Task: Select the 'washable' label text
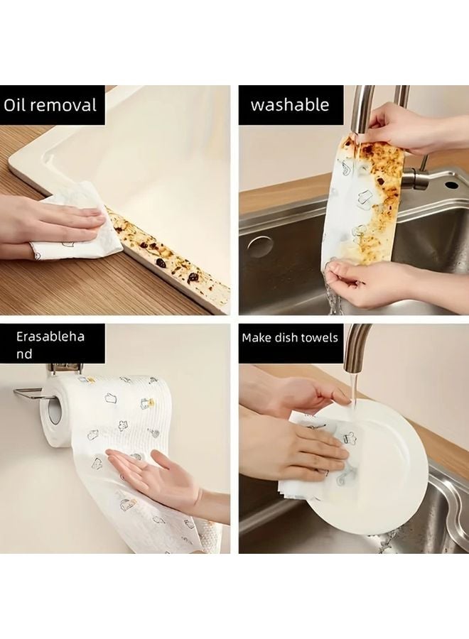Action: click(290, 106)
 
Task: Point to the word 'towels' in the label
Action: click(318, 337)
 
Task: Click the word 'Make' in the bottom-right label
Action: click(258, 337)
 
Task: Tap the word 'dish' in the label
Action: click(287, 337)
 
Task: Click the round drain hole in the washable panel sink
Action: click(260, 246)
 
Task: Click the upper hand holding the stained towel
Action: click(398, 126)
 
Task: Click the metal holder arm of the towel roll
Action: click(28, 393)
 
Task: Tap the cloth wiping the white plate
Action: click(316, 454)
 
